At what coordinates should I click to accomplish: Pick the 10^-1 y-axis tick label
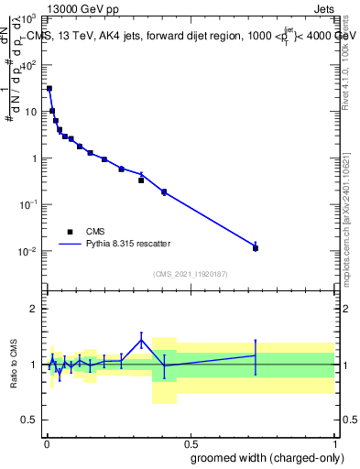[27, 204]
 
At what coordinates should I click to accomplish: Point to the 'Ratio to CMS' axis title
[14, 365]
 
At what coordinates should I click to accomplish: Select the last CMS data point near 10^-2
[256, 248]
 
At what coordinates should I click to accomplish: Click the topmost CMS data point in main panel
[49, 89]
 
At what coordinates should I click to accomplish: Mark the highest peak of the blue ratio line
[141, 340]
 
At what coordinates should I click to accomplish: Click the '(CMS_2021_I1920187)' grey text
[190, 274]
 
